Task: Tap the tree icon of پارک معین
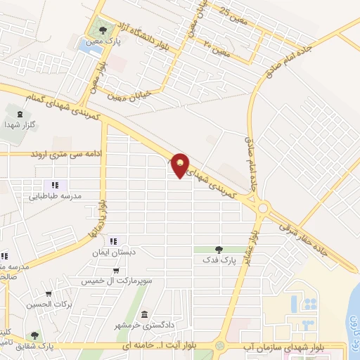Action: (104, 30)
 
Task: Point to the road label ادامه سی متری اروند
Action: (61, 153)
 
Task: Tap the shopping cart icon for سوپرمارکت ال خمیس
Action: (116, 271)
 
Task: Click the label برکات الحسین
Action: (50, 304)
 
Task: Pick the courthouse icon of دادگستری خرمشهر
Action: (144, 314)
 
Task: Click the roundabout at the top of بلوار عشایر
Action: (264, 207)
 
